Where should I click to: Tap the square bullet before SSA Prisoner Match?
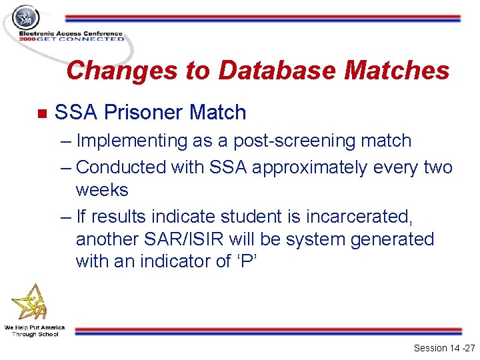tap(42, 113)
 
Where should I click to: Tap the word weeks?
tap(102, 190)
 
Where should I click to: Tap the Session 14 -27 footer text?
tap(443, 348)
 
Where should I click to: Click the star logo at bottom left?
tap(30, 303)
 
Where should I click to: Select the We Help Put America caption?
tap(35, 327)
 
